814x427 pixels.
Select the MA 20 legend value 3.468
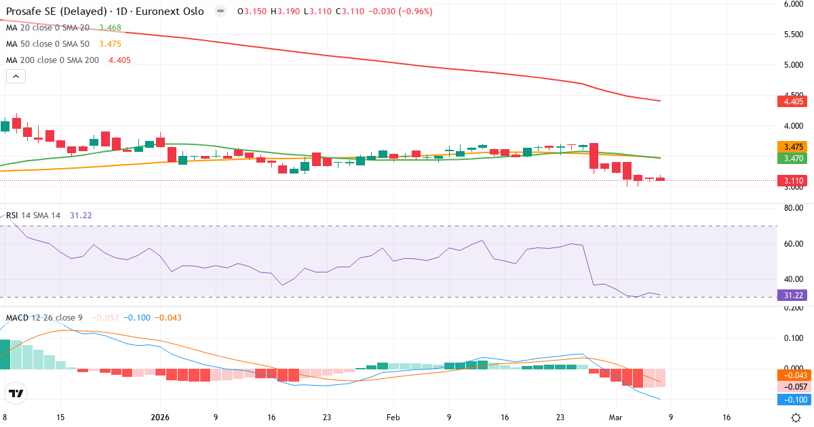click(110, 28)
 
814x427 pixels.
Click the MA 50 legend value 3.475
click(110, 44)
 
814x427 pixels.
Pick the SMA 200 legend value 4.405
click(119, 60)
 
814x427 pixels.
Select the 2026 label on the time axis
click(159, 418)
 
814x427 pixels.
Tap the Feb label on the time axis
click(393, 418)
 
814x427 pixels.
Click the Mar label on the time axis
click(616, 418)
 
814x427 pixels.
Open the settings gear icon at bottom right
click(797, 418)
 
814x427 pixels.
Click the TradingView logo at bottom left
click(16, 393)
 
